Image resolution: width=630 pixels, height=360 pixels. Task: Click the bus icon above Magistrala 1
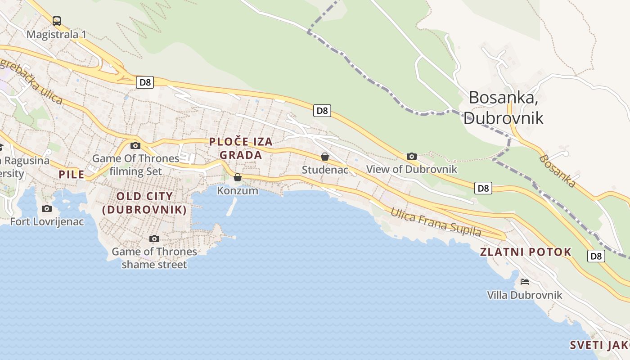pos(57,21)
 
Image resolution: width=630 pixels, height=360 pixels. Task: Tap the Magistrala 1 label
pos(57,35)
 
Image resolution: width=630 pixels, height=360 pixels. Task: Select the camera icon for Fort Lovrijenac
pos(46,208)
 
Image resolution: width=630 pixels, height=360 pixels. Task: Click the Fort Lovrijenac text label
pos(47,221)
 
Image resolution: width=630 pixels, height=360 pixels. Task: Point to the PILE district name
pos(72,175)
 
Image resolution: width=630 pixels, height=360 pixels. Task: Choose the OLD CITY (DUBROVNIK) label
pos(144,203)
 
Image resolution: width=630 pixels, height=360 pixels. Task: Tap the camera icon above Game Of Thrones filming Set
pos(135,145)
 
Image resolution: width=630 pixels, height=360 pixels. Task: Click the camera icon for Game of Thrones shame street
pos(154,238)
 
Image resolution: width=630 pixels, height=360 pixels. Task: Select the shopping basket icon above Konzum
pos(238,177)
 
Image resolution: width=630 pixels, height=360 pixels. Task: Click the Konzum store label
pos(238,191)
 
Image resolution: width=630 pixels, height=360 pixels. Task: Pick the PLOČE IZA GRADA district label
pos(241,148)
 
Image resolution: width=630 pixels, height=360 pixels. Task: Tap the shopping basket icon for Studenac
pos(324,157)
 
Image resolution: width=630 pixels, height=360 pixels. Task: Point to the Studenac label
pos(325,170)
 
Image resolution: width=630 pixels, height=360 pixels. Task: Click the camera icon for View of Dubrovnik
pos(411,156)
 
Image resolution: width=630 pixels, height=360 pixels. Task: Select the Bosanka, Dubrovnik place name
pos(504,108)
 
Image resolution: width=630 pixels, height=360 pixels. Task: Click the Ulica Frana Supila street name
pos(436,222)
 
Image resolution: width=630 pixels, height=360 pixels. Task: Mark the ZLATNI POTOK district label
pos(526,252)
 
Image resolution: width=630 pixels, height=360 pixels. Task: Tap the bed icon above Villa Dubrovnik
pos(524,282)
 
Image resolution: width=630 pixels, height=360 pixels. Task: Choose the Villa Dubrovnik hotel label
pos(525,295)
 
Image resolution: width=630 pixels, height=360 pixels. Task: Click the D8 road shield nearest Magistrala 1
pos(145,82)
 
